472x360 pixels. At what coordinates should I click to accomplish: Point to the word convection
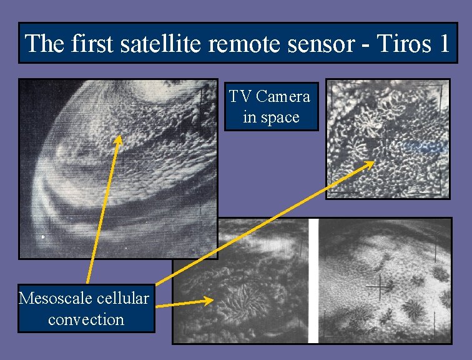(x=86, y=319)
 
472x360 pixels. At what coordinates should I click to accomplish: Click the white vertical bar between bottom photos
(x=313, y=281)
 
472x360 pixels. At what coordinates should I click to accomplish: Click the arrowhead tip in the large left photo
(x=118, y=138)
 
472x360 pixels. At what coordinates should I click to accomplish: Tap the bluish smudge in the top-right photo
(x=424, y=146)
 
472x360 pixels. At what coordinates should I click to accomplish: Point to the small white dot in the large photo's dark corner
(x=42, y=237)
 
